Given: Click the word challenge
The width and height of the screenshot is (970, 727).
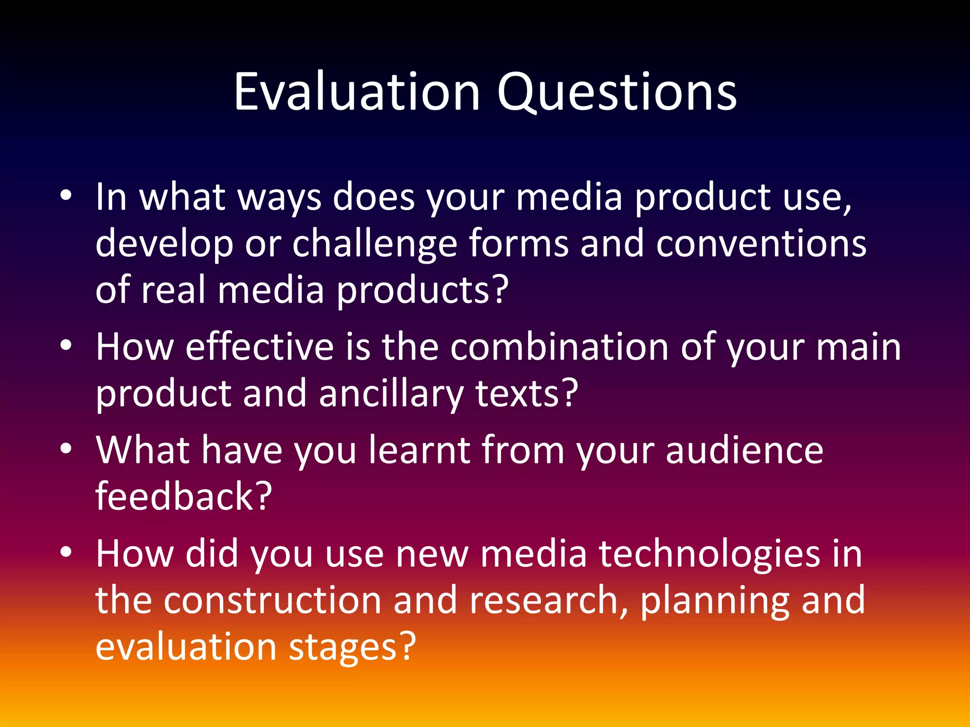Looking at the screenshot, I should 375,244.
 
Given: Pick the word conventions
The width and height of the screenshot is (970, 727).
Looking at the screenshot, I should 761,244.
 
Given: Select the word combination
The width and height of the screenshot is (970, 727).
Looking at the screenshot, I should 559,347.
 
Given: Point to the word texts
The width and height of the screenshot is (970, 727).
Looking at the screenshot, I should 526,394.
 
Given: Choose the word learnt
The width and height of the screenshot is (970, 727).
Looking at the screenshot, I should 419,450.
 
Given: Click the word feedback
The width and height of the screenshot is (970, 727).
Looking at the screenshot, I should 183,496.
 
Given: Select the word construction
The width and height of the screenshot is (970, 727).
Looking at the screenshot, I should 272,600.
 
